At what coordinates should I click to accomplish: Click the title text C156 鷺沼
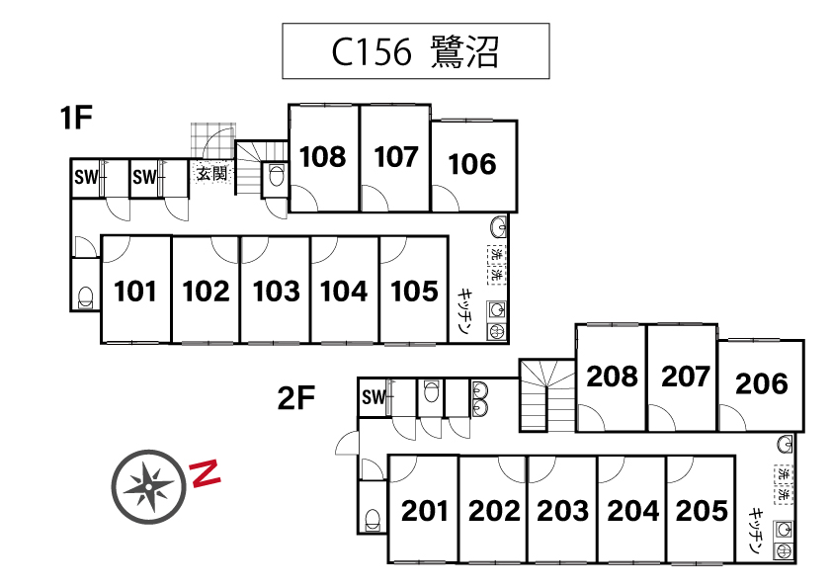click(415, 51)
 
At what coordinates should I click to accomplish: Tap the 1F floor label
click(76, 120)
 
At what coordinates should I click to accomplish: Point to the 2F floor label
click(295, 399)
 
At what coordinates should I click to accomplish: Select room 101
click(135, 292)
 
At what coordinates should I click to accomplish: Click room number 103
click(276, 292)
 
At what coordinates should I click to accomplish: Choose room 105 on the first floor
click(414, 292)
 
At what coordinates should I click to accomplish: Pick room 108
click(323, 157)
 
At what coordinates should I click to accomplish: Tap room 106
click(471, 164)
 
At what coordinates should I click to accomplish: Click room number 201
click(425, 512)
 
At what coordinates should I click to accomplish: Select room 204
click(633, 512)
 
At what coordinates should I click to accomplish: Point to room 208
click(613, 377)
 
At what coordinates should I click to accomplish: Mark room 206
click(762, 383)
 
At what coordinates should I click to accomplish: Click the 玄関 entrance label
click(211, 175)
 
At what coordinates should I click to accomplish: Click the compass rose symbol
click(148, 485)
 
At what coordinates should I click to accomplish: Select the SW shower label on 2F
click(373, 398)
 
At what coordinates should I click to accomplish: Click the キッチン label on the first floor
click(464, 312)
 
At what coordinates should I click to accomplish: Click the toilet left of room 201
click(373, 519)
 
